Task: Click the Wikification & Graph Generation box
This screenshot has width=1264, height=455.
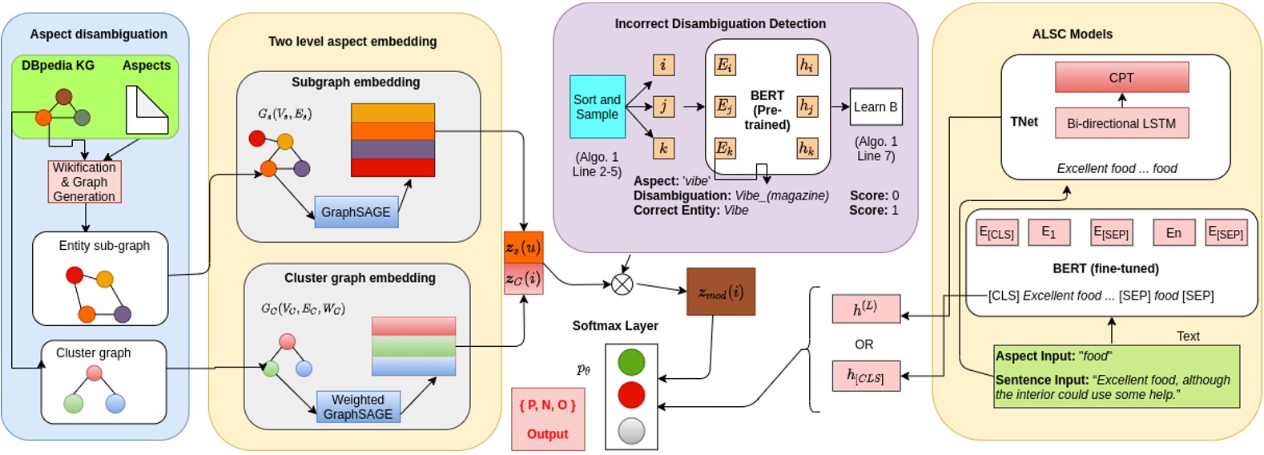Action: (x=84, y=182)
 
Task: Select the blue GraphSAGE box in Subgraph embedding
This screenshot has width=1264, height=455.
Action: (x=356, y=212)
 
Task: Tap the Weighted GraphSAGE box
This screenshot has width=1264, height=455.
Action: (x=358, y=407)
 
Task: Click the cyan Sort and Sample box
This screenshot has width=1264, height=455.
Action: (x=597, y=107)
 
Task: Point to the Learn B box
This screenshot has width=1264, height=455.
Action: (x=876, y=107)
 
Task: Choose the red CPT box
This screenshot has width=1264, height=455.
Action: (x=1121, y=78)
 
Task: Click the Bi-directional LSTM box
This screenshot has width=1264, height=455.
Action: (x=1121, y=123)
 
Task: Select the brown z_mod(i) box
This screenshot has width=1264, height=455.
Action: (x=721, y=292)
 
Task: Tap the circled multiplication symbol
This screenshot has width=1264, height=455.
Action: (x=622, y=284)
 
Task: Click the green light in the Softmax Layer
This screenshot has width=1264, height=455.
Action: (x=631, y=362)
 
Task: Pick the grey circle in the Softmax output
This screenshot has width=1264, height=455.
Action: (x=631, y=431)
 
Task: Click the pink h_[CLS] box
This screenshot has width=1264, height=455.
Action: (x=866, y=376)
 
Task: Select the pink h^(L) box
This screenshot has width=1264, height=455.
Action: (x=866, y=308)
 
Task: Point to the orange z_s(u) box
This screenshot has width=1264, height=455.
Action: (x=523, y=248)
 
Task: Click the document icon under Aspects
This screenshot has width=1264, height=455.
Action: (x=147, y=110)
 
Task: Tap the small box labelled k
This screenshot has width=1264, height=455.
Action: (x=663, y=148)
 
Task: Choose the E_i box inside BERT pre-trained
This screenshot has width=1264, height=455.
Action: (x=725, y=65)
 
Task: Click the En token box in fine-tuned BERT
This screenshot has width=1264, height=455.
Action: (x=1173, y=233)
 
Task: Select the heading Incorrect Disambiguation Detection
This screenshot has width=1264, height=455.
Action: (x=720, y=24)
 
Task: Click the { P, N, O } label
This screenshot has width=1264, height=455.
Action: (x=547, y=405)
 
